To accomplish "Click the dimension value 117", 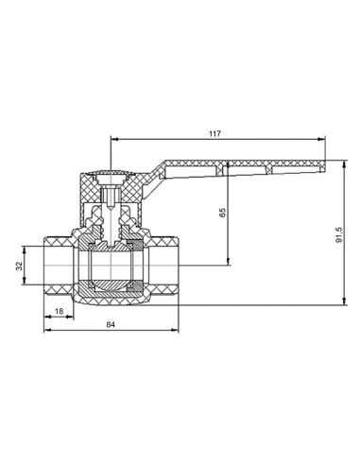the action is click(x=214, y=133).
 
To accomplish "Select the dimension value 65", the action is click(x=222, y=213).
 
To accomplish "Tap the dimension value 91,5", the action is click(x=339, y=234).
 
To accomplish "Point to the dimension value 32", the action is click(x=20, y=266).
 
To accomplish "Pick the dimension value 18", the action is click(x=59, y=311).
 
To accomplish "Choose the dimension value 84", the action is click(x=111, y=324).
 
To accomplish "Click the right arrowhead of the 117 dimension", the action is click(x=321, y=139).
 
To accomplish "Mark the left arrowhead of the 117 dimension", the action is click(x=114, y=139).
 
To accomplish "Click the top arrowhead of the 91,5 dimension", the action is click(x=344, y=164).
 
